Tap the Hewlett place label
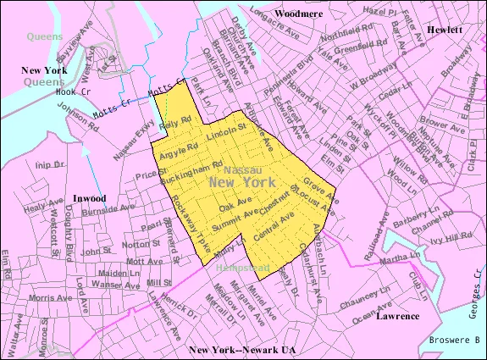(x=443, y=29)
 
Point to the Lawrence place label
(x=398, y=315)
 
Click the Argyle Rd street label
(x=179, y=149)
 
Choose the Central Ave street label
(x=274, y=226)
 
